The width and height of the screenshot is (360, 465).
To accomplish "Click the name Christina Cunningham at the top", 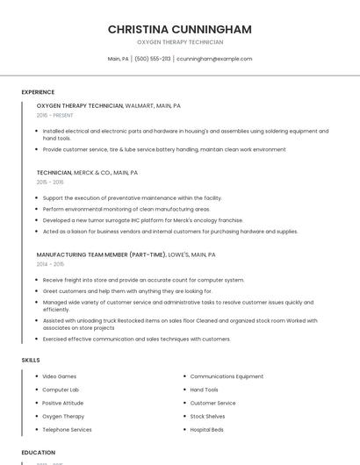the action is point(179,29).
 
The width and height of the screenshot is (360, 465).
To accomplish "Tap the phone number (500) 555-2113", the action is point(152,59).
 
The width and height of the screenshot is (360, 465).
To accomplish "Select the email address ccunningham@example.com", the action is point(214,59).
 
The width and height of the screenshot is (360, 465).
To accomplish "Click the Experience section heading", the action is point(38,92).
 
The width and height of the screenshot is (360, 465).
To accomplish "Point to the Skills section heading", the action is point(30,360).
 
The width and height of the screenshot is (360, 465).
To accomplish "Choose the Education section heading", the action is point(38,453).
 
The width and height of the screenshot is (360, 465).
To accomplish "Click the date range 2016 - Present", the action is point(54,115).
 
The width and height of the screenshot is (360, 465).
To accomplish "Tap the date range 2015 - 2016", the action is point(50,182).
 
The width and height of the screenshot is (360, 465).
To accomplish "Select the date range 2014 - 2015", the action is point(50,264).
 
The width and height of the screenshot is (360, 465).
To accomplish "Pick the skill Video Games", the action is point(59,376).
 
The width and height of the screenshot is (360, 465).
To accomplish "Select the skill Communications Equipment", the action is point(227,376).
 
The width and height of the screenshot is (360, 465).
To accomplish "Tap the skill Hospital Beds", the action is point(207,430).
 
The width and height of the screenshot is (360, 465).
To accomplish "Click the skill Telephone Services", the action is point(67,430).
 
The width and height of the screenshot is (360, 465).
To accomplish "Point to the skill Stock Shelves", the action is point(207,417).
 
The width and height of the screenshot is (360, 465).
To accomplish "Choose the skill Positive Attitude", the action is point(63,404).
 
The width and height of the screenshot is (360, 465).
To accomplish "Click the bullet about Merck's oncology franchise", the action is point(143,220).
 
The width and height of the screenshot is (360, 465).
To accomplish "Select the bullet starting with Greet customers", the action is point(127,291).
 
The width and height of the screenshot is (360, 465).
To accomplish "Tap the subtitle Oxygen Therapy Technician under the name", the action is point(179,42).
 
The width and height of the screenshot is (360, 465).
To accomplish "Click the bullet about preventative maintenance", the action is point(132,198).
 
